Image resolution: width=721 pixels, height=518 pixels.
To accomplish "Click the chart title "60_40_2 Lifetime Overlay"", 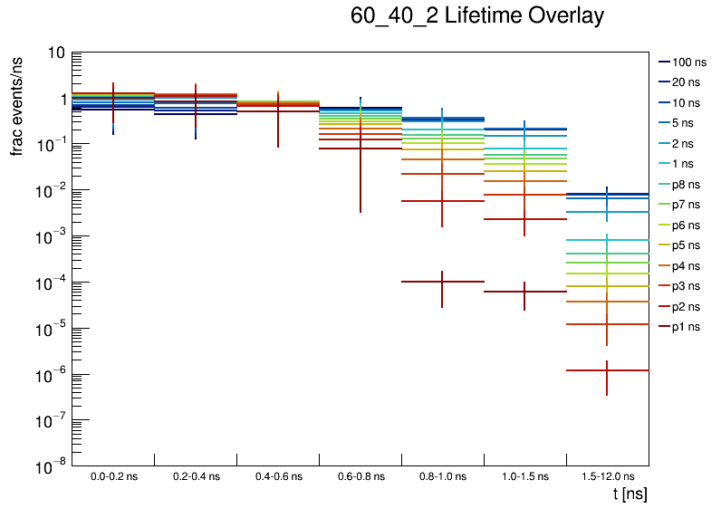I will [476, 16].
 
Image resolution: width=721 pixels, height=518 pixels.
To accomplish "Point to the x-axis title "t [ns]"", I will [630, 494].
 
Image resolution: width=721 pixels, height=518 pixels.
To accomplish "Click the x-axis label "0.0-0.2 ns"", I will [113, 476].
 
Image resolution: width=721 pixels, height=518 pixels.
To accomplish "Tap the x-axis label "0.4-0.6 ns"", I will [278, 476].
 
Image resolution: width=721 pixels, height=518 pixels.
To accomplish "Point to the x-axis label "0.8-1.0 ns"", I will [442, 476].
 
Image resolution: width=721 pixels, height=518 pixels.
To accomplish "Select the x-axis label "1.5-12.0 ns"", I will [607, 476].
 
